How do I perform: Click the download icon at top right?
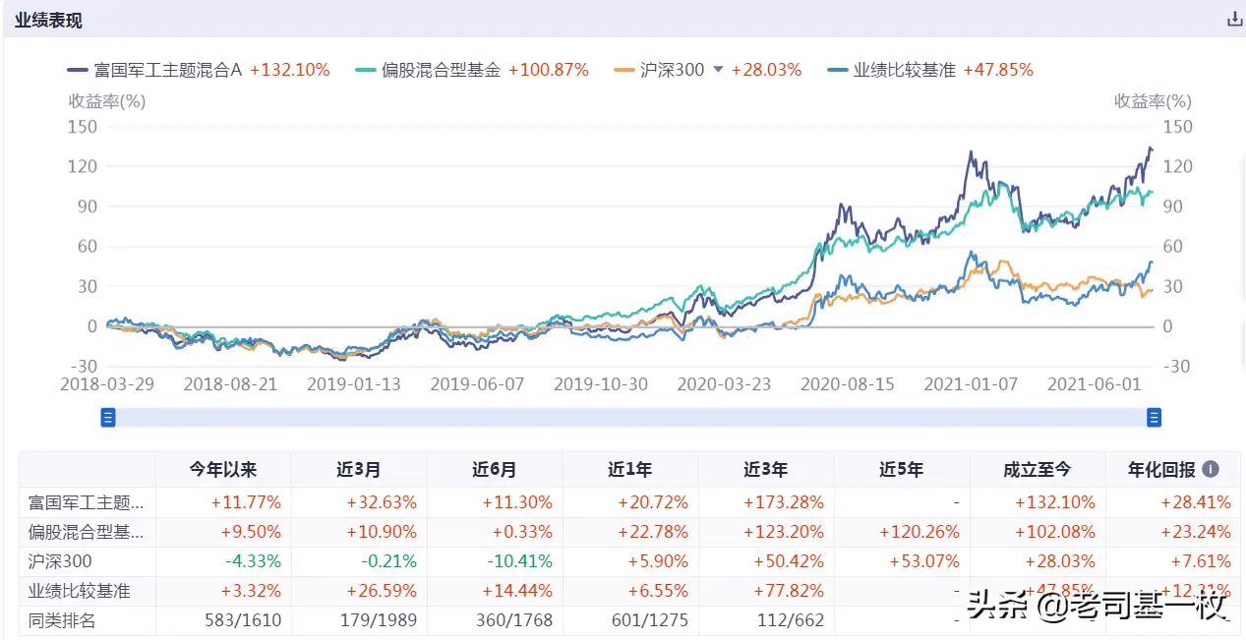click(x=1234, y=19)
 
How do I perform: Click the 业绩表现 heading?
click(x=48, y=20)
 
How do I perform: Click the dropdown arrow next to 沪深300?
click(x=718, y=70)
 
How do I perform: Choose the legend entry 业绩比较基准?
click(x=904, y=70)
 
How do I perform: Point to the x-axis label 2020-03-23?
click(x=724, y=384)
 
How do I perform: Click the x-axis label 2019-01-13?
click(x=354, y=384)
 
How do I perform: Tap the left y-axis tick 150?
click(x=83, y=126)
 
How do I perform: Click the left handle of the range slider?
click(x=108, y=418)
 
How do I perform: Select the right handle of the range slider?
click(x=1154, y=418)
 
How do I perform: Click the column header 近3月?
click(x=358, y=470)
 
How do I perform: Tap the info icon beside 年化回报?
click(x=1211, y=470)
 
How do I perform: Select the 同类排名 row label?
click(x=62, y=620)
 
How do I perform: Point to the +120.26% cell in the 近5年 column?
click(x=902, y=532)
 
